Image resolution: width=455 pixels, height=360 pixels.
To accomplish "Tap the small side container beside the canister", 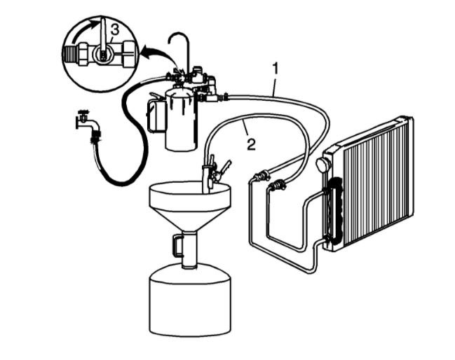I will (156, 115).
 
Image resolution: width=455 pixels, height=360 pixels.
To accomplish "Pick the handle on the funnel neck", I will (177, 245).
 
